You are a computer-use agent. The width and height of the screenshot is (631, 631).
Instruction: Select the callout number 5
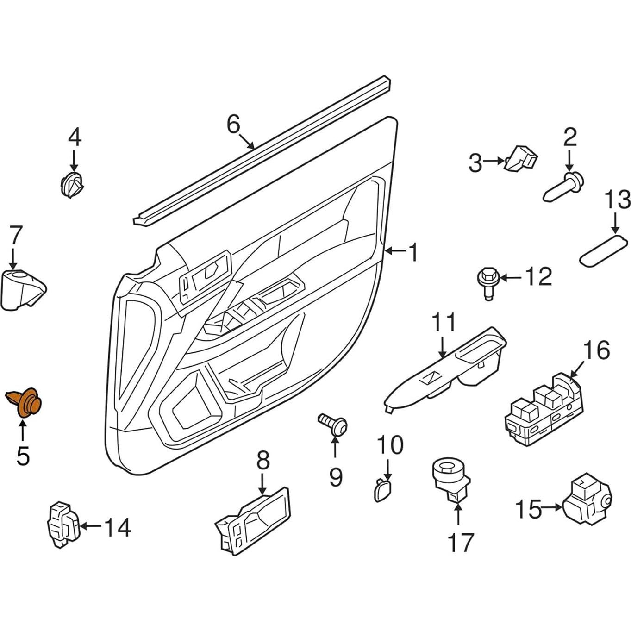coord(23,456)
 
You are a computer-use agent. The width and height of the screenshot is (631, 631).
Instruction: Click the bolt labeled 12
coord(486,281)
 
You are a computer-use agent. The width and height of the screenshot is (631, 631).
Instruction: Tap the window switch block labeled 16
coord(544,410)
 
